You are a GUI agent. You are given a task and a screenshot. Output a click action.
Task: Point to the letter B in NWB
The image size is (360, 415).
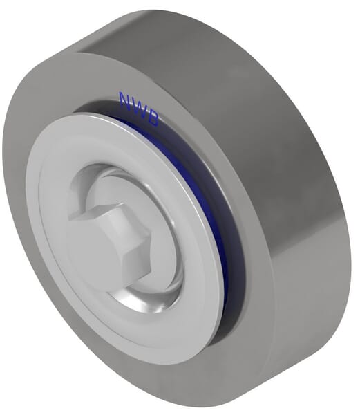click(x=153, y=119)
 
